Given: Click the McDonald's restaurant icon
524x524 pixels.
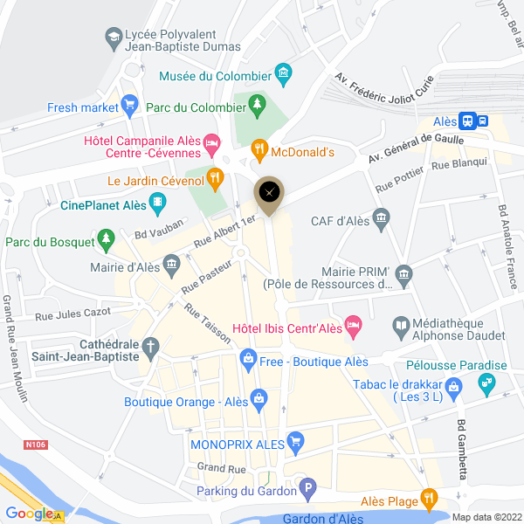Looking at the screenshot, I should tap(259, 151).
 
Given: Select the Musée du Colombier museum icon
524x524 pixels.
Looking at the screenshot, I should tap(283, 75).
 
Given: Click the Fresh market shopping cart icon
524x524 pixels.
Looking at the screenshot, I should tap(130, 107).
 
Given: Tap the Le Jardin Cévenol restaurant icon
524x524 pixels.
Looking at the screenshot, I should tap(216, 181).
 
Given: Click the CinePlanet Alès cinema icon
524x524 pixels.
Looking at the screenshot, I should tap(156, 206).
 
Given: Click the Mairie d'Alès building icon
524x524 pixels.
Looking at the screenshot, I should tap(170, 263).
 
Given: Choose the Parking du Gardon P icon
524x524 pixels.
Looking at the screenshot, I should tap(306, 490).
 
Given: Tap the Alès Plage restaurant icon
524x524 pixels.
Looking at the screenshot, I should tap(428, 500).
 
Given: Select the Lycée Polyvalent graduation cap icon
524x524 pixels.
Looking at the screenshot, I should tap(113, 37).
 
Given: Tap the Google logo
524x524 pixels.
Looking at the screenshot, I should tap(29, 514).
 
